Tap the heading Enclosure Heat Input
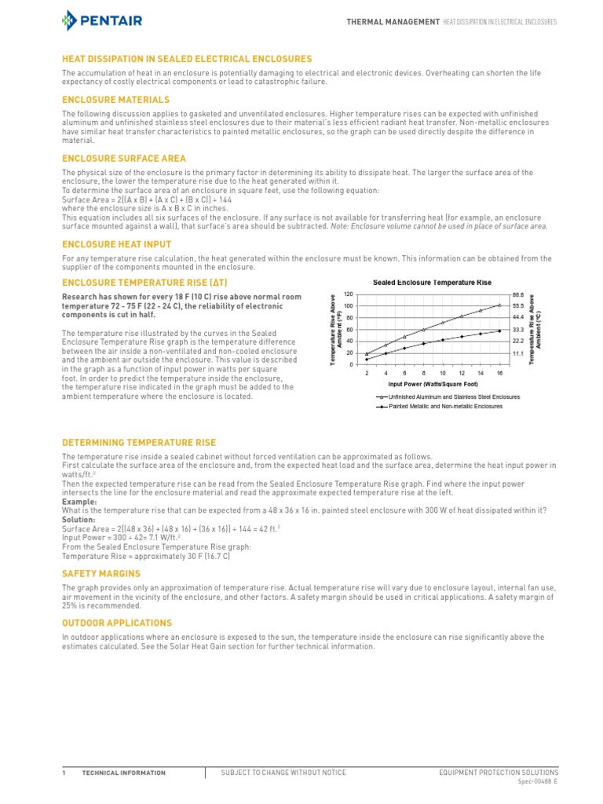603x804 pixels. [x=116, y=244]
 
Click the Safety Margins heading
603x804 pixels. [x=101, y=574]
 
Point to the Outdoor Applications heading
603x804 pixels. [x=117, y=623]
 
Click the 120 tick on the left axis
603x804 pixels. [x=349, y=294]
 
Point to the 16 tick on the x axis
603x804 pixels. [x=499, y=373]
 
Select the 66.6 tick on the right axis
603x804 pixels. [x=517, y=294]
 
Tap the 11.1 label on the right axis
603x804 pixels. [x=517, y=354]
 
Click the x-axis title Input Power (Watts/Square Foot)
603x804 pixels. [x=433, y=385]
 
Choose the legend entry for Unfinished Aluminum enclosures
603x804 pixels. [x=444, y=397]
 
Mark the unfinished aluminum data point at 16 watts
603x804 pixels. [x=499, y=305]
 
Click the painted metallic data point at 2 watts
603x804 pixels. [x=367, y=360]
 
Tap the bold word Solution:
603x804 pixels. [x=79, y=520]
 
